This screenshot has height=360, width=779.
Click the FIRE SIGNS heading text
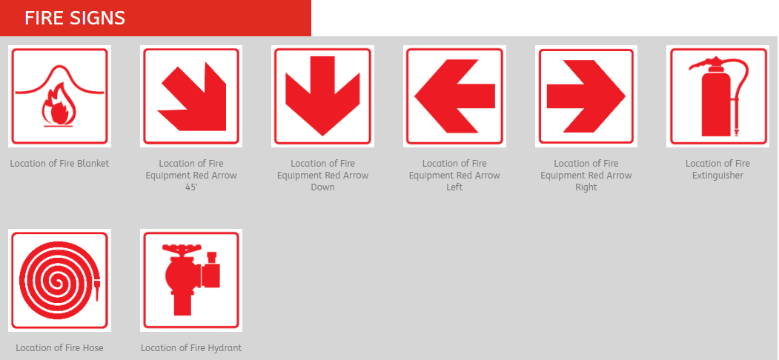point(75,18)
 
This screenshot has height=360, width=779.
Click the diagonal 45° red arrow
point(192,97)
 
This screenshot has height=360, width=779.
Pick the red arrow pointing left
point(454,96)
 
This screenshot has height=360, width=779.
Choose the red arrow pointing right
point(586,96)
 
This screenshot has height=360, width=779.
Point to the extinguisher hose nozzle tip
point(737,133)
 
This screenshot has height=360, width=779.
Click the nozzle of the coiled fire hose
point(97,290)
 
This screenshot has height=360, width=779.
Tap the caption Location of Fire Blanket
point(59,164)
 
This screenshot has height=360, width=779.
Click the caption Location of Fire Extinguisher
point(717,170)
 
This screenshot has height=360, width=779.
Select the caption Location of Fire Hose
point(59,348)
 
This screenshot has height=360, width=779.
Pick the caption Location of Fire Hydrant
point(191,348)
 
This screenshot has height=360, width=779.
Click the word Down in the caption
point(323,187)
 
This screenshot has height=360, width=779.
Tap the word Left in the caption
point(454,187)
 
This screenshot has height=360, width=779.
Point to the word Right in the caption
point(586,187)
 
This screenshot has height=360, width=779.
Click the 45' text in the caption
point(191,187)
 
